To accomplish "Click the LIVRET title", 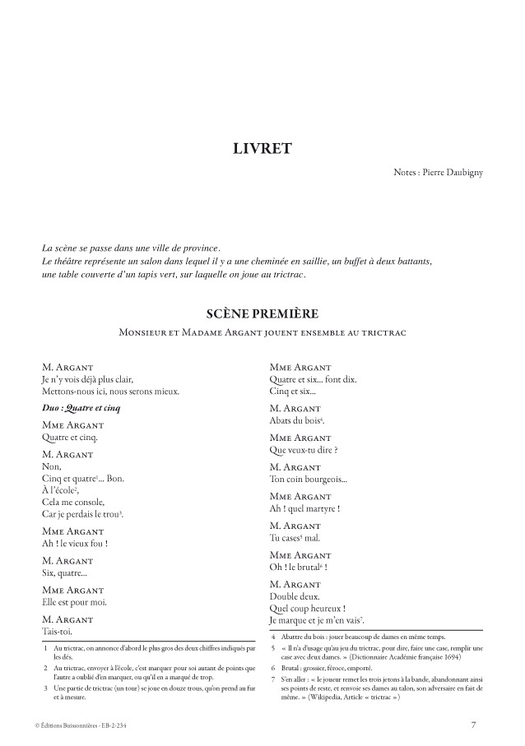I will click(x=262, y=149).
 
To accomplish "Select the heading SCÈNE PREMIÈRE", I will click(x=262, y=314).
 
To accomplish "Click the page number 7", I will click(x=473, y=725).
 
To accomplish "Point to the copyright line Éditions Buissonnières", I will click(x=81, y=725).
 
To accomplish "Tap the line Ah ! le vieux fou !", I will click(x=75, y=544).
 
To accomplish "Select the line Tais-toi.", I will click(x=57, y=632).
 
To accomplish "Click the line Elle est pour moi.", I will click(x=74, y=603).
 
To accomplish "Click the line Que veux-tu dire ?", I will click(x=304, y=450).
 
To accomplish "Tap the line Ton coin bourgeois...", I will click(x=308, y=480).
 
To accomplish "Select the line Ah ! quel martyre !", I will click(x=305, y=509).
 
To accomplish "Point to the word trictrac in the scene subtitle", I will click(x=385, y=332).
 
